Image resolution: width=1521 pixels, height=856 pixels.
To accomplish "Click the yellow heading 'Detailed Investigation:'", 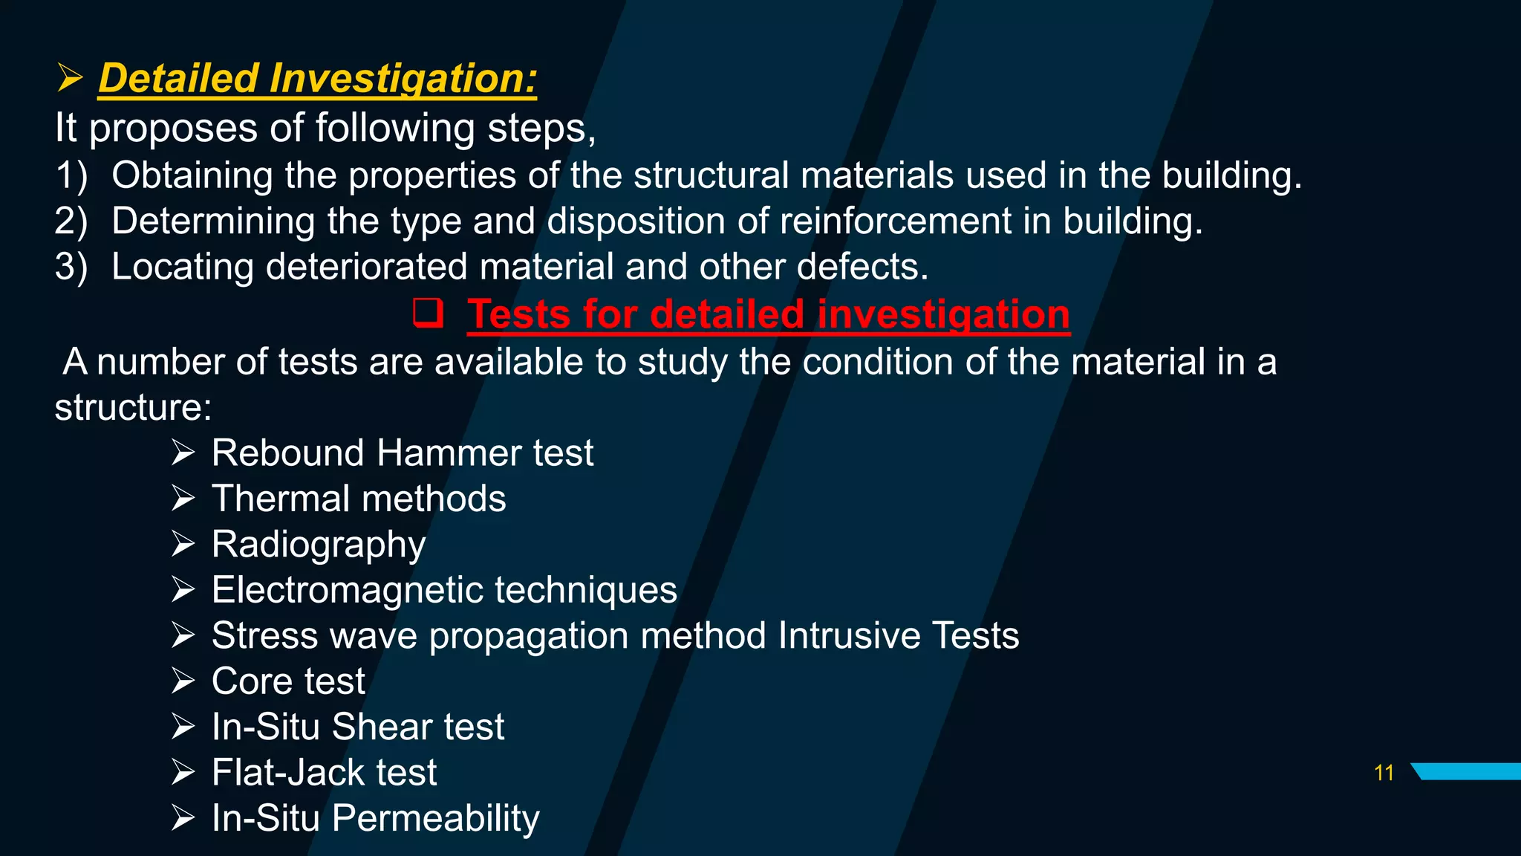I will click(317, 78).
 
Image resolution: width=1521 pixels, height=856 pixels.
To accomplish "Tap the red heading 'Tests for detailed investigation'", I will click(768, 314).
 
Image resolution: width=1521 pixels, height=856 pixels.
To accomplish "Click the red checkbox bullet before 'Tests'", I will click(428, 313).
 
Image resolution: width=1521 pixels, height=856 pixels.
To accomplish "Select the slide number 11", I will click(1384, 773).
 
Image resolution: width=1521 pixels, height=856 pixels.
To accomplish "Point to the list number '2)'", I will click(71, 221).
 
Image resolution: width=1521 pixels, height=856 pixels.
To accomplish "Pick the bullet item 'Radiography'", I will click(318, 545).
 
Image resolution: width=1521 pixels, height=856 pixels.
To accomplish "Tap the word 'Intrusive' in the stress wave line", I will click(848, 636).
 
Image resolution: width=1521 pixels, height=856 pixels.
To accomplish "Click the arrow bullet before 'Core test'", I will click(183, 681).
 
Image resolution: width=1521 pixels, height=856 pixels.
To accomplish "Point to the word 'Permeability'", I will click(435, 819).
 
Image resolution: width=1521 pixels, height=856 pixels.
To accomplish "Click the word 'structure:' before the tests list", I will click(133, 408).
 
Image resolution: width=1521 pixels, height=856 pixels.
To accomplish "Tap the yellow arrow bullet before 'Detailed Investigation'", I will click(69, 78).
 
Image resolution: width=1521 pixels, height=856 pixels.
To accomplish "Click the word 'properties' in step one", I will click(432, 176).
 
